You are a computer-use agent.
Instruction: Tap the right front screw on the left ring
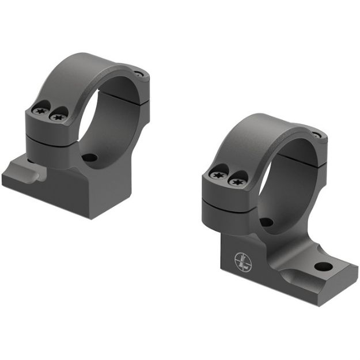pos(57,116)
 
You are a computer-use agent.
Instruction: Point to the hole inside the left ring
pos(89,157)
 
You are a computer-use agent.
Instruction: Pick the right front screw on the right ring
pos(237,181)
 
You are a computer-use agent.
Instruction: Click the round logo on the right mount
pos(242,263)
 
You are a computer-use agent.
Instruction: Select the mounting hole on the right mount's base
pos(323,267)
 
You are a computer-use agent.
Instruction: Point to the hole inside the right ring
pos(266,222)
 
